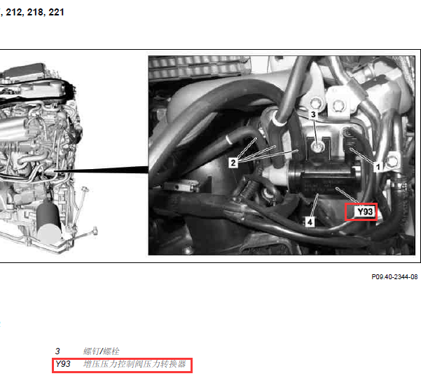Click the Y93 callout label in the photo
click(365, 212)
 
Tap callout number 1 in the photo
click(378, 167)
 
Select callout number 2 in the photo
click(233, 163)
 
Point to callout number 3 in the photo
click(313, 114)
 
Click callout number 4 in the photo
click(310, 222)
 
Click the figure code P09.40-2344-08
click(394, 277)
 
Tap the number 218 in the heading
click(36, 12)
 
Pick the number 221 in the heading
click(56, 12)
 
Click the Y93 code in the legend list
click(62, 364)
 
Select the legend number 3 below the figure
click(57, 351)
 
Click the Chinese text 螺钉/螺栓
click(102, 351)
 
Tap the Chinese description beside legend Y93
click(134, 364)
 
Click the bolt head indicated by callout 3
click(318, 147)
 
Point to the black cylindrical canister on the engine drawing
click(49, 222)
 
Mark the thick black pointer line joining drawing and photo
click(102, 170)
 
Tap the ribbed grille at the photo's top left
click(199, 67)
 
